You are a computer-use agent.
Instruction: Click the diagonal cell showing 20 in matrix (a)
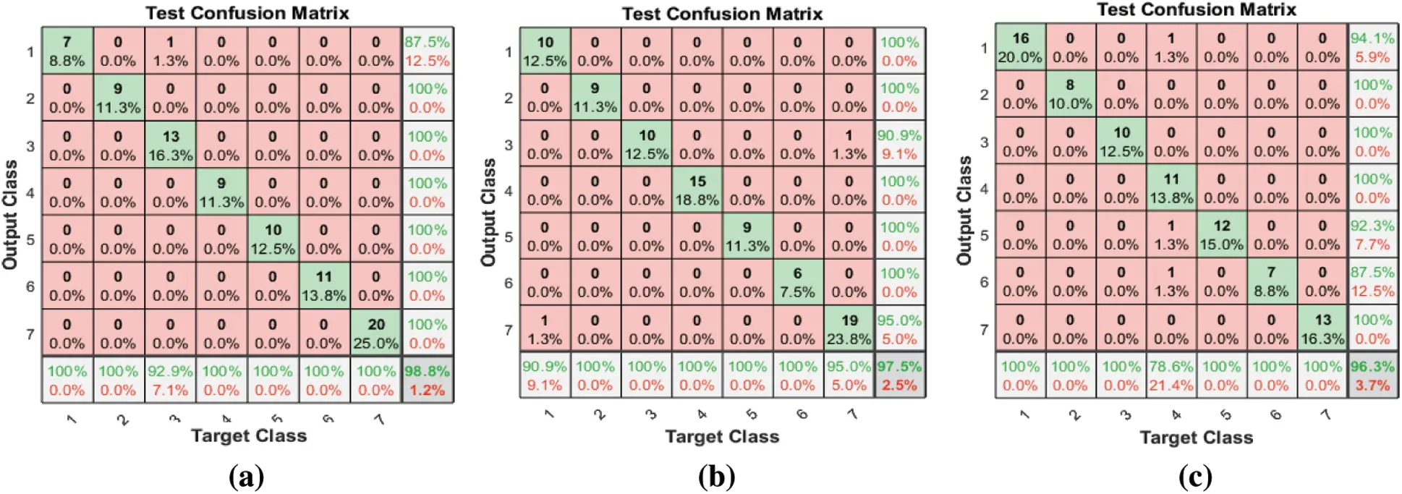click(x=375, y=333)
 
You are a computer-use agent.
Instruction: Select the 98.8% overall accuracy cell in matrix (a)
click(x=427, y=380)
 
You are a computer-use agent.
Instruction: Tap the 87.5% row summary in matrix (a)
click(x=427, y=51)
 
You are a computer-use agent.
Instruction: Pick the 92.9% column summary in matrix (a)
click(x=170, y=380)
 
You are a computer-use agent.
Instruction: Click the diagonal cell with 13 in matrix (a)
click(x=170, y=145)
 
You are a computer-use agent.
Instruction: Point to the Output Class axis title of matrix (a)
click(x=10, y=215)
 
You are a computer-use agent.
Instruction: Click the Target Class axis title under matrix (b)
click(x=721, y=436)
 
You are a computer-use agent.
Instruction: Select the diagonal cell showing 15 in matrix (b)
click(x=697, y=190)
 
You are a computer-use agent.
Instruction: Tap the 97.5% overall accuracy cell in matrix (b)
click(x=899, y=375)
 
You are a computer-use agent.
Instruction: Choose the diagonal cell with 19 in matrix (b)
click(x=849, y=329)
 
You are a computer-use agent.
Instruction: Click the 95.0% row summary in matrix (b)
click(x=899, y=329)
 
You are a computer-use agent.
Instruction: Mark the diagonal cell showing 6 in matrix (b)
click(x=797, y=283)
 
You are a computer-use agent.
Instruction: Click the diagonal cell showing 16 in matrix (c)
click(x=1020, y=48)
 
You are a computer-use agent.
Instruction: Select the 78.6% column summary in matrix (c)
click(x=1171, y=376)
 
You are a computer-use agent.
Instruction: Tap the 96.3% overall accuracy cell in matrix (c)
click(x=1372, y=376)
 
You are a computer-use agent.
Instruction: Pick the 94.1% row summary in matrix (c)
click(x=1372, y=48)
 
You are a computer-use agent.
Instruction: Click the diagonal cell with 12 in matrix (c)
click(x=1221, y=235)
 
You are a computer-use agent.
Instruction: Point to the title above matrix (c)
click(x=1196, y=9)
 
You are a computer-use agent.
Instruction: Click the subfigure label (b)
click(x=716, y=477)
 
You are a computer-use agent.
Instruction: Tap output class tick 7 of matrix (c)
click(x=984, y=329)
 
